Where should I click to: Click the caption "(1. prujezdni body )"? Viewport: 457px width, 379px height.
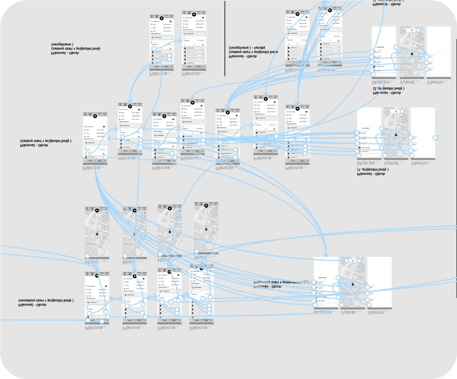[372, 170]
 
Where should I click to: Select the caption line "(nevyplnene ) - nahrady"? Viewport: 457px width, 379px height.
[247, 47]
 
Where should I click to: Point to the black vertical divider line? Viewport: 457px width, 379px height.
[225, 38]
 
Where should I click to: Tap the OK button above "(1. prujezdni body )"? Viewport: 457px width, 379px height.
[396, 111]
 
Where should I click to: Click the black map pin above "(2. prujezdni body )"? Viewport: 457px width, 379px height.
[412, 54]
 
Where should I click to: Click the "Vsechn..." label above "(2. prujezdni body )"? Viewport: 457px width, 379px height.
[437, 82]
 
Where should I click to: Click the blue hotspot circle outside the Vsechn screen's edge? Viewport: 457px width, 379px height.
[435, 138]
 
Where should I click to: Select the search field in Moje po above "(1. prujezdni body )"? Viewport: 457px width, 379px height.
[369, 155]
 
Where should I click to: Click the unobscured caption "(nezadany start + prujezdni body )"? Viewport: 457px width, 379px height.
[46, 300]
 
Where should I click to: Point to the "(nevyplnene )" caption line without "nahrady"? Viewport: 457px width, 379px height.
[62, 44]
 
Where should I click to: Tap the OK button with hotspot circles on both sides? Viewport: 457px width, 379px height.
[353, 261]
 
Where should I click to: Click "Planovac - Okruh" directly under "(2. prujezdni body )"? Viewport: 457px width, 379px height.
[387, 93]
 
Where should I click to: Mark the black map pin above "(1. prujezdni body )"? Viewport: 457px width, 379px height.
[396, 135]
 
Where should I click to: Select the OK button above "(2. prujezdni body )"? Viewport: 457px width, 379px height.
[412, 30]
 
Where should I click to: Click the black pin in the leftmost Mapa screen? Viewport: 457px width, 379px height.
[97, 234]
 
